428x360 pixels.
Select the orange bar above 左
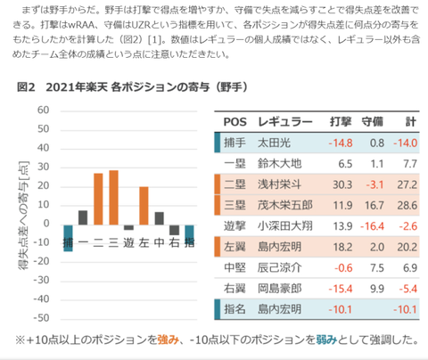click(144, 207)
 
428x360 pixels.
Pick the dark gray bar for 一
click(83, 218)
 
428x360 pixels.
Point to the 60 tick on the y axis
click(40, 110)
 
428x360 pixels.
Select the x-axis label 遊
click(128, 243)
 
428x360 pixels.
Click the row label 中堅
click(235, 268)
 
